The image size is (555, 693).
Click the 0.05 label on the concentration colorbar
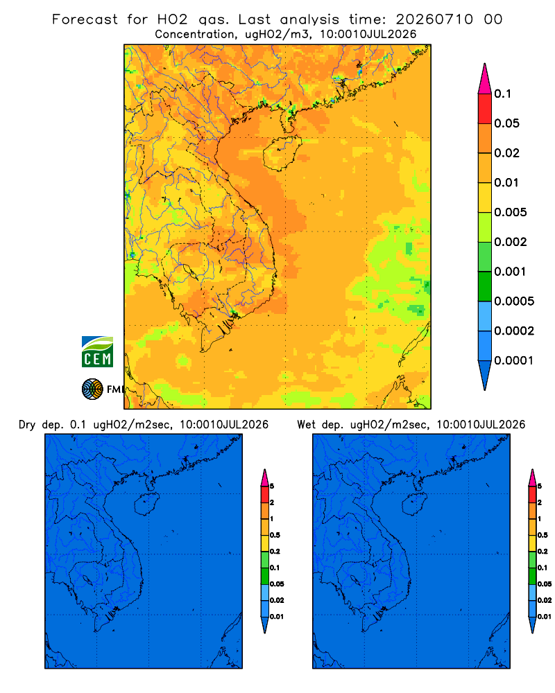(506, 123)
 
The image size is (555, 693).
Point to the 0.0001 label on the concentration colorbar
(514, 360)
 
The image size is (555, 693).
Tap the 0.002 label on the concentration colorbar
(511, 242)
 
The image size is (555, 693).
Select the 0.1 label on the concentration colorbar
(503, 94)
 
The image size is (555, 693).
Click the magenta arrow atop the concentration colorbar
(485, 79)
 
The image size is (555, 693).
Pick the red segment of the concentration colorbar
(485, 109)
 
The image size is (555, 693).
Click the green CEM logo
(97, 351)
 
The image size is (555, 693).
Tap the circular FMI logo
(92, 389)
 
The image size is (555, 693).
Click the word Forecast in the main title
(85, 19)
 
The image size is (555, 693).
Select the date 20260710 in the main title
(434, 19)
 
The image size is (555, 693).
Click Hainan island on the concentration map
(282, 153)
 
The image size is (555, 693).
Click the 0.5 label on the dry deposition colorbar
(275, 535)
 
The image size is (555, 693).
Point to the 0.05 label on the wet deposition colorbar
(545, 584)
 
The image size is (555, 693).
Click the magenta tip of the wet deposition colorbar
(532, 477)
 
